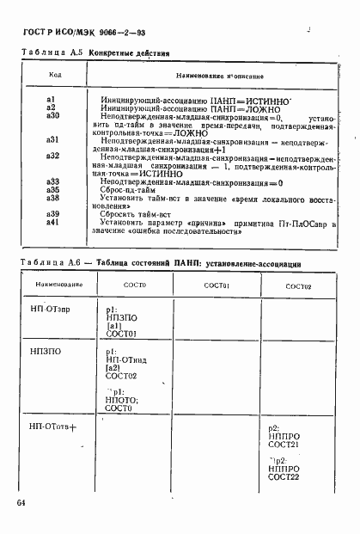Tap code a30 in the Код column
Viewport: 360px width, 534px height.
point(52,115)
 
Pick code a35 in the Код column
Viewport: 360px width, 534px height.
point(52,189)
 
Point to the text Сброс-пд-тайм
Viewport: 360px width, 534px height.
point(127,189)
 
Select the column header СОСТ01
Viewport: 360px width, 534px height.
point(216,285)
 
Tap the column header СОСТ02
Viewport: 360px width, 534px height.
point(298,285)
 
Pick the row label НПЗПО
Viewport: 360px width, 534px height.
point(42,352)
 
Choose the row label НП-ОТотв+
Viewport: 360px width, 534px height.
point(53,427)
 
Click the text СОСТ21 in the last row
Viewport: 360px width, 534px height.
point(283,445)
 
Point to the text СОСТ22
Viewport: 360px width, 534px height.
point(283,476)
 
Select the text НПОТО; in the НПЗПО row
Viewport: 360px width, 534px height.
point(122,400)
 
